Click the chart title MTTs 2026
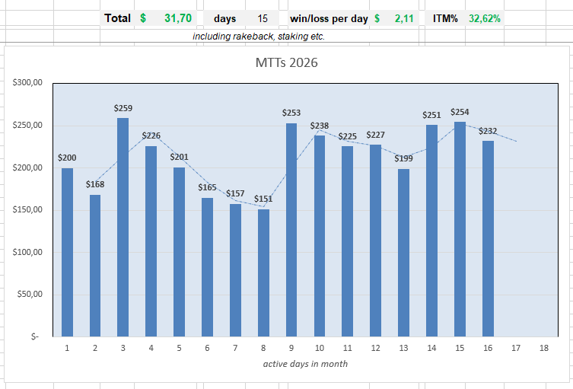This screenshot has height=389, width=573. pyautogui.click(x=286, y=62)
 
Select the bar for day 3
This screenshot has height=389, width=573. pyautogui.click(x=123, y=227)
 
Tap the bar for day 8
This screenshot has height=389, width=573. pyautogui.click(x=263, y=273)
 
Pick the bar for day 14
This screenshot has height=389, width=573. pyautogui.click(x=431, y=231)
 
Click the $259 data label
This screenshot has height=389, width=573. pyautogui.click(x=123, y=108)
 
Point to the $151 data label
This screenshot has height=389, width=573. pyautogui.click(x=263, y=199)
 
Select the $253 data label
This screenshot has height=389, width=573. pyautogui.click(x=291, y=113)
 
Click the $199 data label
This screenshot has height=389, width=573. pyautogui.click(x=404, y=158)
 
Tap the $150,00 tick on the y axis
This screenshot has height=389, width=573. pyautogui.click(x=27, y=209)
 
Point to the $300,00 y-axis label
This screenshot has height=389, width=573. pyautogui.click(x=27, y=83)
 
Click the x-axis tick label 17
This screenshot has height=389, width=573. pyautogui.click(x=516, y=348)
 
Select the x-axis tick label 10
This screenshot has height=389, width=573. pyautogui.click(x=320, y=348)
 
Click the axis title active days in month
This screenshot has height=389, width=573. pyautogui.click(x=305, y=364)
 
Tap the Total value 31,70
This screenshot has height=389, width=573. pyautogui.click(x=178, y=18)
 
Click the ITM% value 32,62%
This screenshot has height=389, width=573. pyautogui.click(x=485, y=18)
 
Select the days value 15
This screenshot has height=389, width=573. pyautogui.click(x=263, y=18)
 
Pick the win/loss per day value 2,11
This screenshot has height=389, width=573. pyautogui.click(x=404, y=18)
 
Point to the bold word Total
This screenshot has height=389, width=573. pyautogui.click(x=117, y=18)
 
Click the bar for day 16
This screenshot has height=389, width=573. pyautogui.click(x=488, y=238)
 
